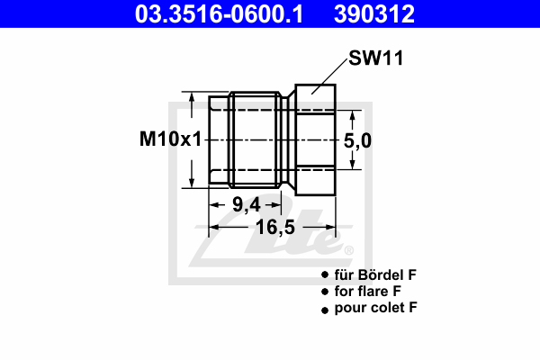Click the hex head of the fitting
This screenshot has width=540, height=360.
(316, 139)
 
